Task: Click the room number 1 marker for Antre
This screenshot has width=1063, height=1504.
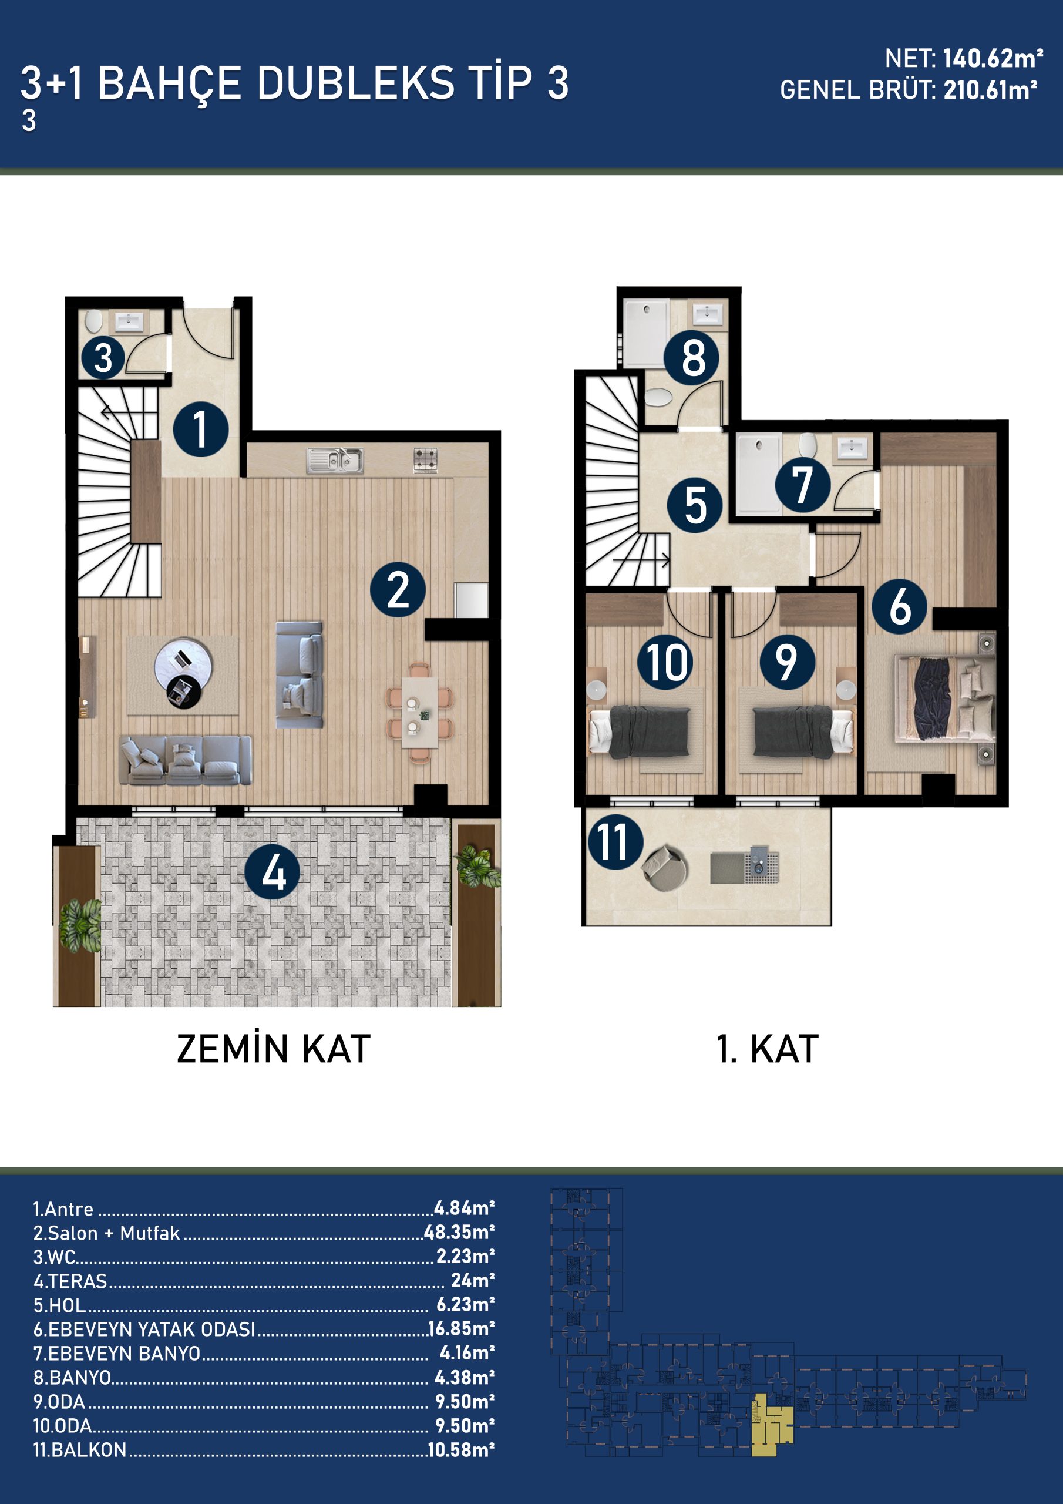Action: (201, 429)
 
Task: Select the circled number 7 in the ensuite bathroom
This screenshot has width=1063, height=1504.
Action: (803, 485)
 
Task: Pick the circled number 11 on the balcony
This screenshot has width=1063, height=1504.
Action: (615, 842)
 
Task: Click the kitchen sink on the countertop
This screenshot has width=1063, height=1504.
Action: (335, 461)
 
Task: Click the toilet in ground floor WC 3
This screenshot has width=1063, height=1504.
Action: (93, 321)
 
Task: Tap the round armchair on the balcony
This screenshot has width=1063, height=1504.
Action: (664, 867)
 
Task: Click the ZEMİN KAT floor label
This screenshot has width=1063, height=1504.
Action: (274, 1049)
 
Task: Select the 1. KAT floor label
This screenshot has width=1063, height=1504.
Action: (768, 1049)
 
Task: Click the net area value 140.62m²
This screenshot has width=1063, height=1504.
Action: (993, 59)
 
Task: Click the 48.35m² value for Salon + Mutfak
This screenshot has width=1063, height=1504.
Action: (459, 1232)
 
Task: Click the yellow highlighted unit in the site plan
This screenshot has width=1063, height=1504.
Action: (770, 1422)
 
